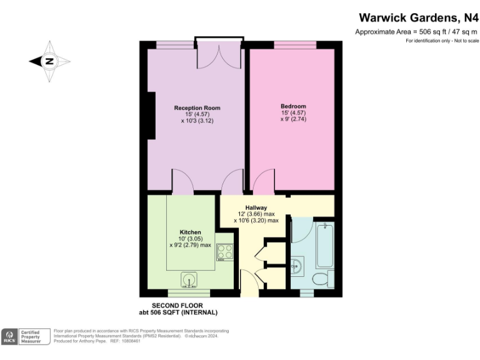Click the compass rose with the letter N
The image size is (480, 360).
[49, 61]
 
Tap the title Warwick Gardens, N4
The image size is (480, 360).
[418, 18]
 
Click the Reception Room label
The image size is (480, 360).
[197, 107]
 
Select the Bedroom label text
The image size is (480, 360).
[293, 106]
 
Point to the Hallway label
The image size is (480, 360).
[256, 207]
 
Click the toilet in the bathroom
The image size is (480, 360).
[322, 279]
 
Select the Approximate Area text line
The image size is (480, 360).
[416, 31]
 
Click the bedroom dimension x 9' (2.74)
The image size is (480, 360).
[293, 119]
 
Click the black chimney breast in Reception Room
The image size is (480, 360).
[151, 116]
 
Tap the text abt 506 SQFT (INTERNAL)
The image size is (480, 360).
[178, 312]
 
